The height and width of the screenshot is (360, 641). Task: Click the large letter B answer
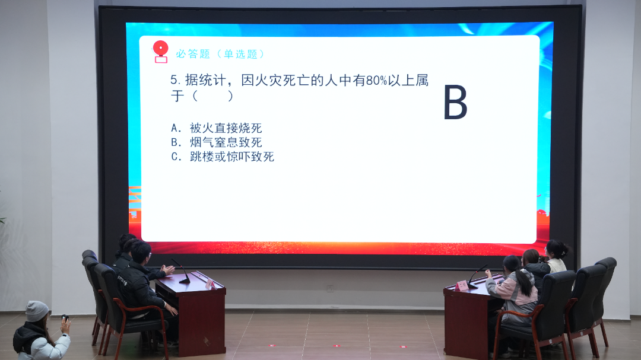455,102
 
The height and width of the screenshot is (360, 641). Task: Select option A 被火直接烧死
216,128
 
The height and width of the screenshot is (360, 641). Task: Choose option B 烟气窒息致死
216,142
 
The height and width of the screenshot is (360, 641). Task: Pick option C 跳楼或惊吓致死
223,157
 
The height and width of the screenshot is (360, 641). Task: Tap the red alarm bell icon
160,52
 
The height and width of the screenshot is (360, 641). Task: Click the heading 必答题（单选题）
221,54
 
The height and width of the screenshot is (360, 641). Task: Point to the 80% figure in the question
376,81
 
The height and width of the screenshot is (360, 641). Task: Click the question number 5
174,79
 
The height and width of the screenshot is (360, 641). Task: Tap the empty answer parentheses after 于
213,96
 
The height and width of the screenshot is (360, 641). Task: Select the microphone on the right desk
477,276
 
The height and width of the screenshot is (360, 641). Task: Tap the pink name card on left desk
211,283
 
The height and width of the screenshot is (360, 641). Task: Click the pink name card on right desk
462,285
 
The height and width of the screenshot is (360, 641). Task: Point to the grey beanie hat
36,311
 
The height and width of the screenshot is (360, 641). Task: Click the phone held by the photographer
64,318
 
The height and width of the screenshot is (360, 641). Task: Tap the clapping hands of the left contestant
168,269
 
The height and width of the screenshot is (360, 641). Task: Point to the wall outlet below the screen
330,288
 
